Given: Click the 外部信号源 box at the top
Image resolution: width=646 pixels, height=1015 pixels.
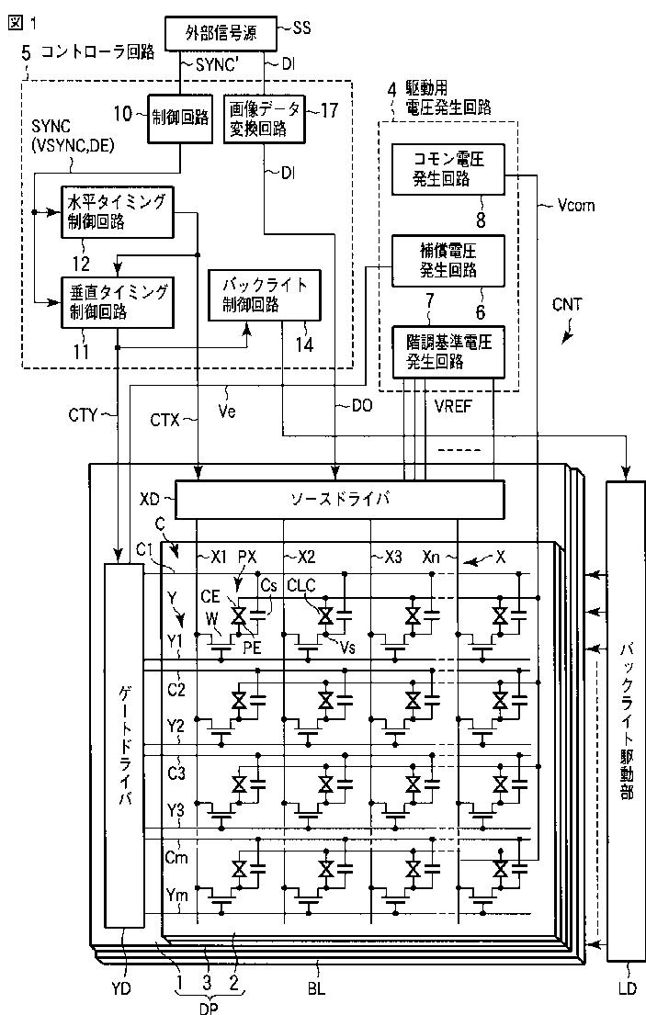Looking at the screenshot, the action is coord(220,33).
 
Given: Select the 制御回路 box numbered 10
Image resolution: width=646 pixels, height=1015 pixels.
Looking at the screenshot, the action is coord(180,118).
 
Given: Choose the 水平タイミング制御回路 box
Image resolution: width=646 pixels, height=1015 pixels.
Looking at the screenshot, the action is coord(117,211).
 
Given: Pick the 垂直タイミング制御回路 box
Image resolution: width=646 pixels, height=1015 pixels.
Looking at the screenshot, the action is coord(117,302).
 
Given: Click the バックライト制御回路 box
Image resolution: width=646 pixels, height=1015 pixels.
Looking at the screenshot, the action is coord(264,295).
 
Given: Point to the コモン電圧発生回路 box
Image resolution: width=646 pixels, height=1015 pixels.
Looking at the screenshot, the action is coord(448,170).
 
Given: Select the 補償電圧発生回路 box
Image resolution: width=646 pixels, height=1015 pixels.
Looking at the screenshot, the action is coord(448,261).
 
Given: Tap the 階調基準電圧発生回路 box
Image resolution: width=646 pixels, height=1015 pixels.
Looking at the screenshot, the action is coord(448,352).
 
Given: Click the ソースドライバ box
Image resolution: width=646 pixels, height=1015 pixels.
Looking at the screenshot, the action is coord(340,499).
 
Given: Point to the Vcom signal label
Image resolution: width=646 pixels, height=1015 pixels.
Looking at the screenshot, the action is coord(575,206).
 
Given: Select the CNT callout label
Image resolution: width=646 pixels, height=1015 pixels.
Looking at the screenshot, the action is coord(567,304).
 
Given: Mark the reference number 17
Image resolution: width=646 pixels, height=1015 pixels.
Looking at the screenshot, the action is coord(329,110).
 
